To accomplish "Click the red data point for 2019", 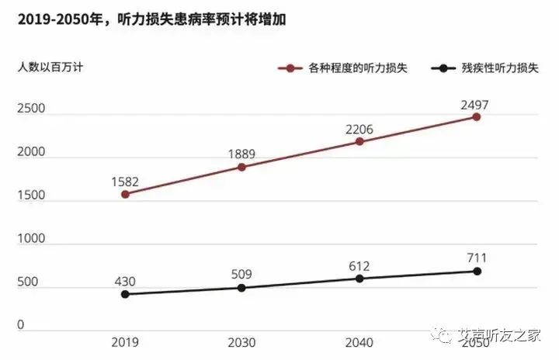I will point(125,194).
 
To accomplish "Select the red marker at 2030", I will point(242,167).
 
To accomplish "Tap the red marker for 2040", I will point(359,141).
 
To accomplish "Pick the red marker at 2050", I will point(477,116).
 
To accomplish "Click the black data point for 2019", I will point(125,294).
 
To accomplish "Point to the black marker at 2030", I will point(242,288).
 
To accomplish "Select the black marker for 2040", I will point(359,278).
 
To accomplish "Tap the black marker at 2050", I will point(477,271).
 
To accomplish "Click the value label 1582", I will point(124,182).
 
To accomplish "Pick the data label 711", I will point(477,258).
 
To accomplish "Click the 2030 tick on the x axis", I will point(241,342).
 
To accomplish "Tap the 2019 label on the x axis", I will point(124,342).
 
